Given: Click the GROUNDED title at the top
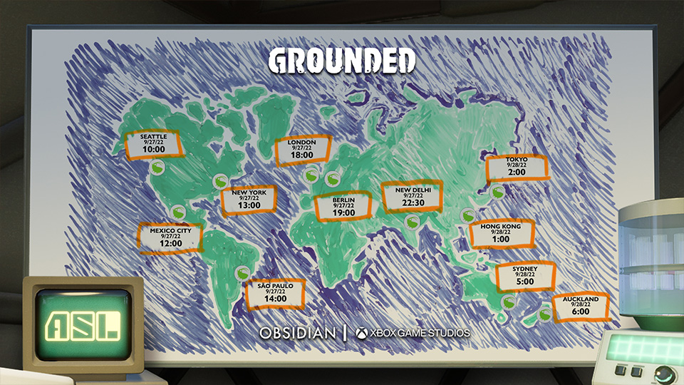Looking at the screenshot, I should (x=342, y=61).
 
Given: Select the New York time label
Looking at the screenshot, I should (x=249, y=200).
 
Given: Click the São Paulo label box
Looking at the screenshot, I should (x=275, y=293).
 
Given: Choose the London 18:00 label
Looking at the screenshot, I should (x=302, y=150).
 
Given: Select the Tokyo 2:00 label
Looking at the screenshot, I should (x=517, y=168).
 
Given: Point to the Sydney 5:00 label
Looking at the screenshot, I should (x=526, y=275).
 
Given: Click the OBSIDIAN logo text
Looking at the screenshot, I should (x=296, y=333).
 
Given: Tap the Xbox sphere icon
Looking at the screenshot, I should (x=361, y=333).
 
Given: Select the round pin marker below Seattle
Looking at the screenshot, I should (x=158, y=167).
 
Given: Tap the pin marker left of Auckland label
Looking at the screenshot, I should (x=545, y=312).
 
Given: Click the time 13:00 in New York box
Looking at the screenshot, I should (x=249, y=205).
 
